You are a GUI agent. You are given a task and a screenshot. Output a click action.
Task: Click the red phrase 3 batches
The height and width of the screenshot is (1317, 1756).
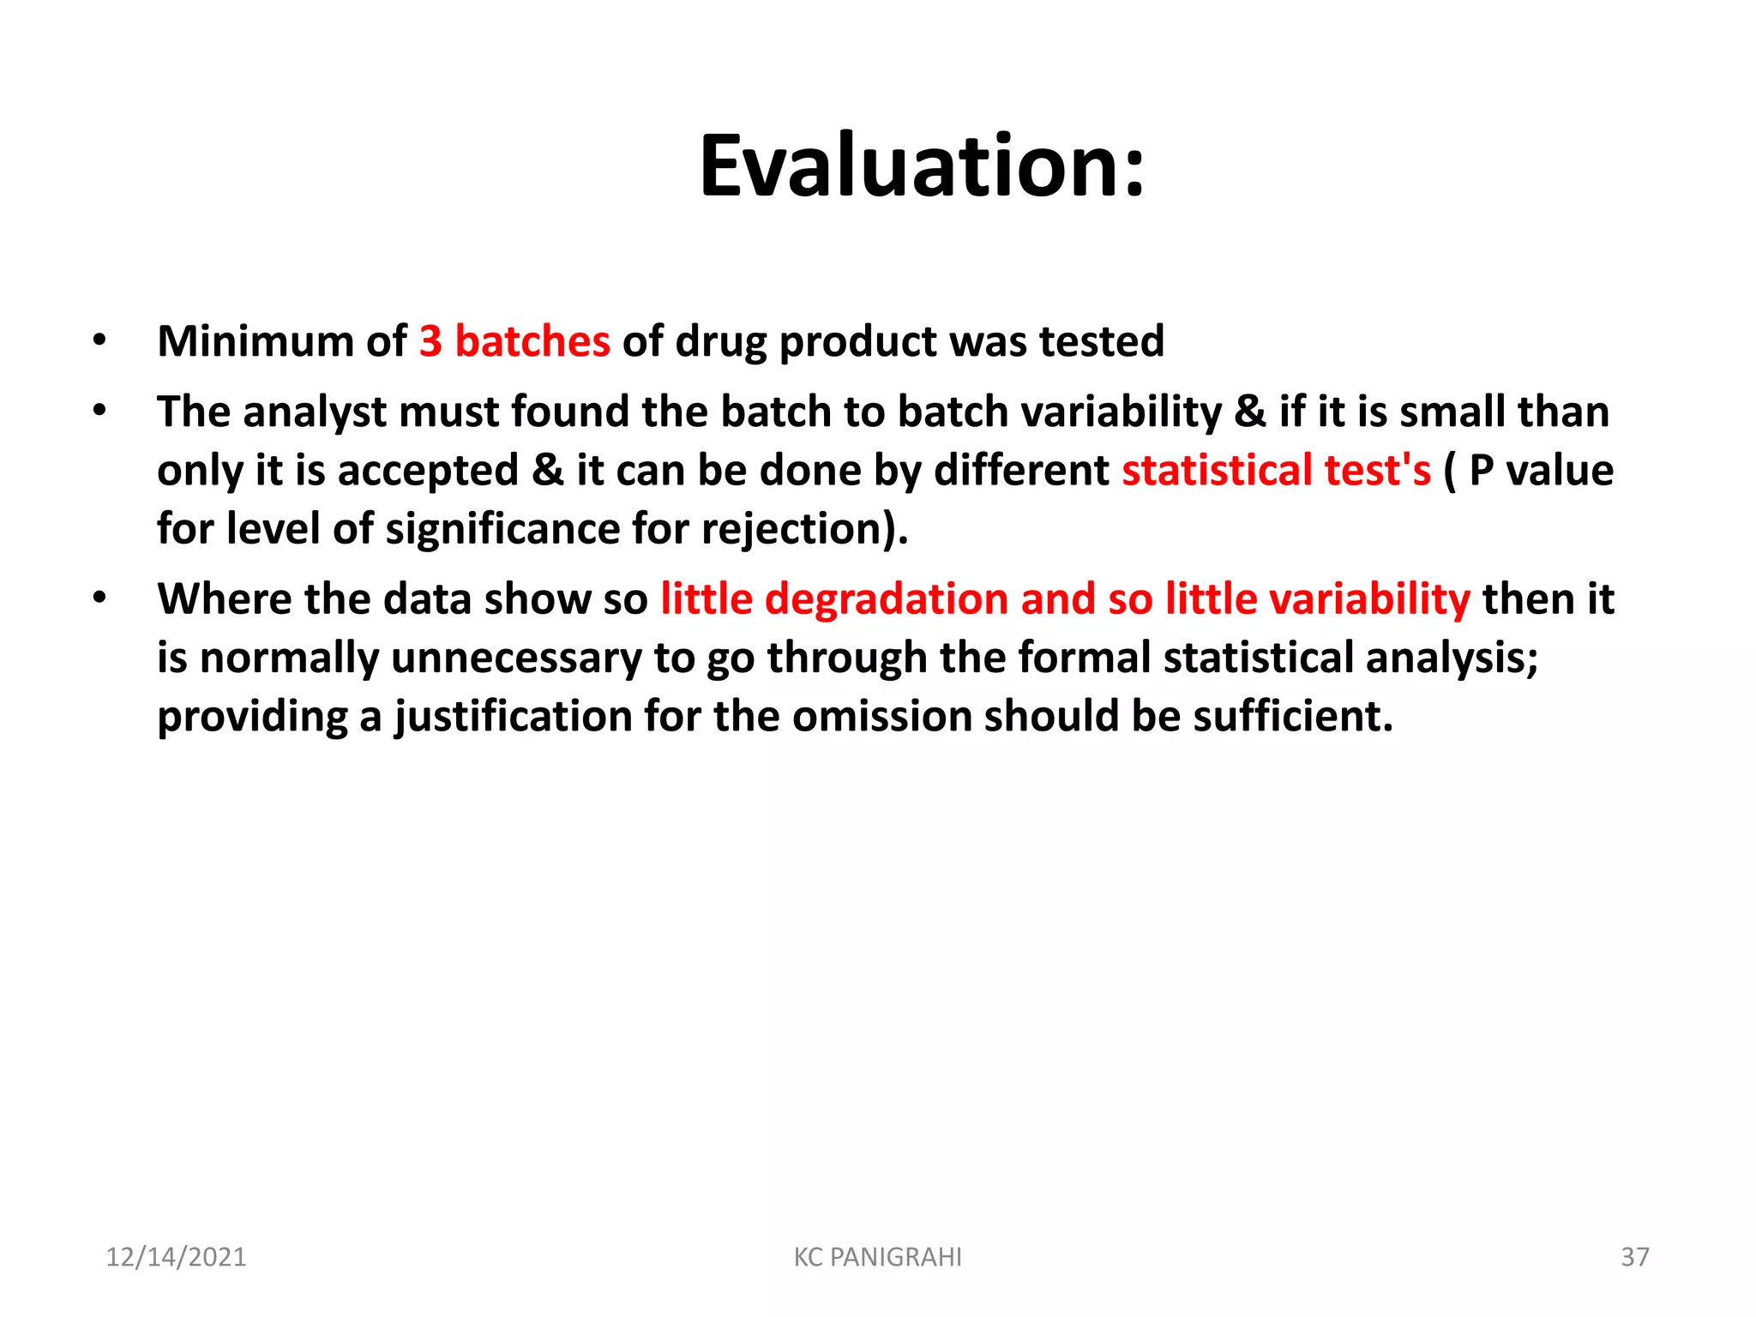point(514,341)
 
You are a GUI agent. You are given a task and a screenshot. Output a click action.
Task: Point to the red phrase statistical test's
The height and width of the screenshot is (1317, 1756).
point(1276,471)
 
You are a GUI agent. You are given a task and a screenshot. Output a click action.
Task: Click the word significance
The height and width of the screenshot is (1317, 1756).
point(502,529)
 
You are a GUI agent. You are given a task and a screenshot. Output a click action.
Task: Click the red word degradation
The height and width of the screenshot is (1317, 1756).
point(886,599)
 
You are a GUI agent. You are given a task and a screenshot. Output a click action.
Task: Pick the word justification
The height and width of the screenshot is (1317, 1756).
point(513,717)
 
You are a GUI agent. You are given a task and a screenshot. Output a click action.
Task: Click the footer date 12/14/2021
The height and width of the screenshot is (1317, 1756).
point(176,1257)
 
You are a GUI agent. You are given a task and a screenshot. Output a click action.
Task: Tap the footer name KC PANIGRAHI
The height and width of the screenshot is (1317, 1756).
point(877,1257)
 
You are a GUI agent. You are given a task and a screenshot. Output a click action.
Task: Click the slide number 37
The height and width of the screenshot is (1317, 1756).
point(1634,1257)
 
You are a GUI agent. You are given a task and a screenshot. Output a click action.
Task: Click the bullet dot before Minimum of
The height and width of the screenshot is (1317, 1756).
point(100,340)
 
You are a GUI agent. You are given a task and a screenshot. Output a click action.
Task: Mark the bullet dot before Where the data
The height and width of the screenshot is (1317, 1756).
point(100,598)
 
